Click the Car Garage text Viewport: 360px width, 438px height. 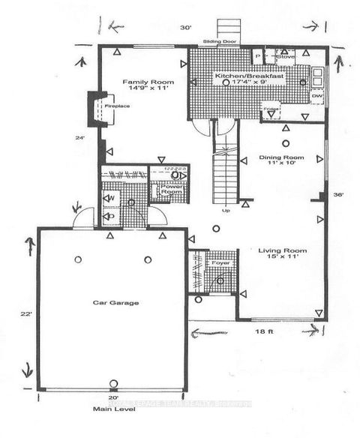109,302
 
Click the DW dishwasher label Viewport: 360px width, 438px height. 316,97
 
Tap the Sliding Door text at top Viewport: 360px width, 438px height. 204,43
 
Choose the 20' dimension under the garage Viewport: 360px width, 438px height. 112,397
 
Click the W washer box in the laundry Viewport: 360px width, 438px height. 111,198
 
